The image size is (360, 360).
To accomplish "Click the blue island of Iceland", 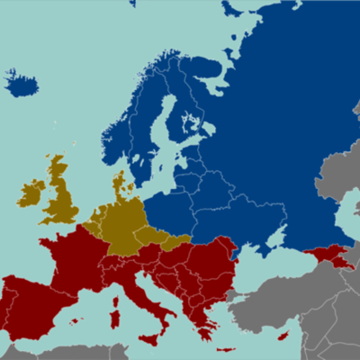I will (x=22, y=85).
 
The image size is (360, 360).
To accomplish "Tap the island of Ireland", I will (x=31, y=193).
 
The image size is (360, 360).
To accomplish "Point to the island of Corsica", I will (x=116, y=301).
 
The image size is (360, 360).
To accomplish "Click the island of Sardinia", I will (x=115, y=319).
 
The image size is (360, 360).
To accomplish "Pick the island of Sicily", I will (x=149, y=338).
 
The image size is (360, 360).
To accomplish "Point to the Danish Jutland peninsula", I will (x=118, y=184).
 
